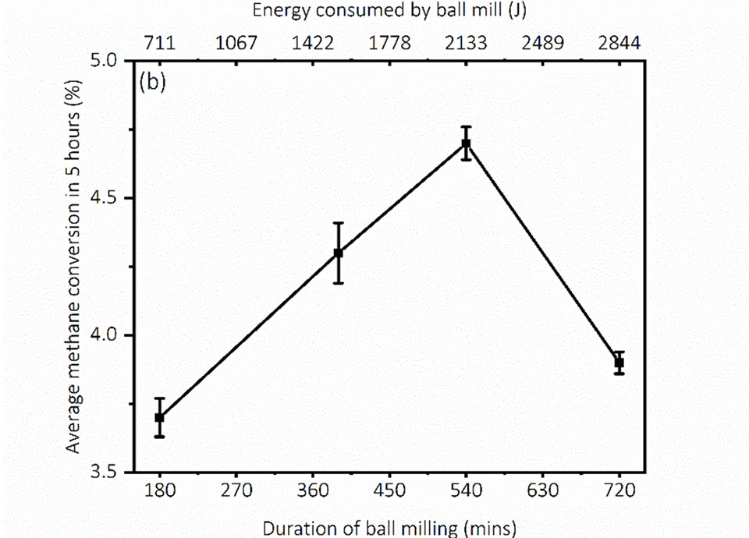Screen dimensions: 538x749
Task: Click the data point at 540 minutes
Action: [x=466, y=143]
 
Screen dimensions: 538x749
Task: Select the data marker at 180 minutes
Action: [x=159, y=417]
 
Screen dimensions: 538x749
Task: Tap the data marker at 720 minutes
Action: [x=619, y=363]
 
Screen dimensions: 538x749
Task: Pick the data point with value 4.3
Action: [x=339, y=253]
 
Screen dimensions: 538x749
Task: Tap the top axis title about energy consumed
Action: [x=389, y=11]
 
